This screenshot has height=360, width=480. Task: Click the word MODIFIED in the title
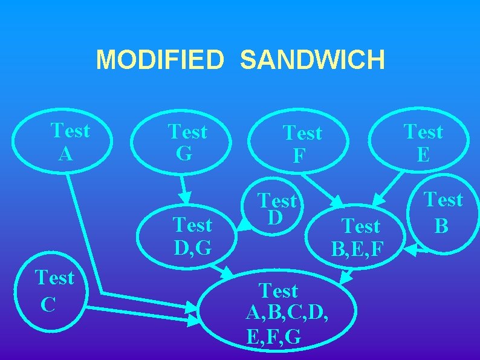click(x=160, y=60)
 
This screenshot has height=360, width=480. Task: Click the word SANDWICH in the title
click(x=312, y=60)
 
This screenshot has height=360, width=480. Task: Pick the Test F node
click(x=301, y=144)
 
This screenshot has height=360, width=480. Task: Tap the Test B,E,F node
click(x=360, y=236)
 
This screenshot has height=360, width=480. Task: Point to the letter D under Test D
click(x=275, y=217)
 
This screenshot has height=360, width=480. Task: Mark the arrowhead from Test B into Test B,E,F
click(x=412, y=249)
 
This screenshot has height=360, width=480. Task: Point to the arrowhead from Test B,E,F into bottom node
click(x=345, y=278)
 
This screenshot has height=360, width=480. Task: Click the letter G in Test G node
click(x=184, y=154)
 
